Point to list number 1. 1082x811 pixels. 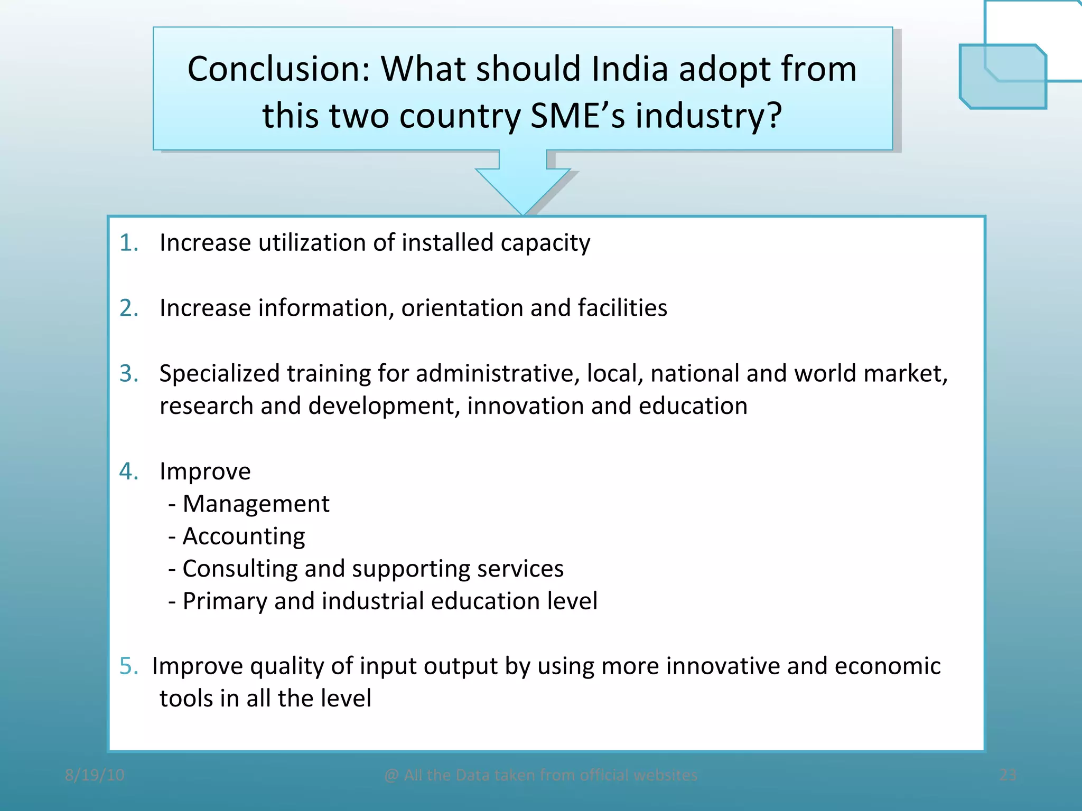coord(129,243)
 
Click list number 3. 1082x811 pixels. coord(129,373)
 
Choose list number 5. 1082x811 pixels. coord(129,666)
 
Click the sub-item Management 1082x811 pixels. coord(256,504)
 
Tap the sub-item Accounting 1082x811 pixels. coord(244,536)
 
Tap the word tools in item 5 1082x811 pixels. coord(186,699)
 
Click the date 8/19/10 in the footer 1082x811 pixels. coord(95,775)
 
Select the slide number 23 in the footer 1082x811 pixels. coord(1008,775)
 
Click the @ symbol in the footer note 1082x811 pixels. coord(391,776)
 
